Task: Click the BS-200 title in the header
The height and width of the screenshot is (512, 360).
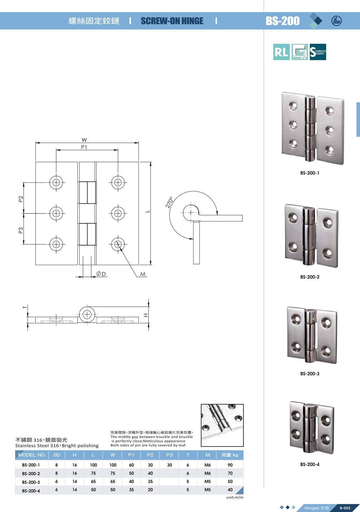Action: coord(282,21)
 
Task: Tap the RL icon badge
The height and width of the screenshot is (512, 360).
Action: coord(281,52)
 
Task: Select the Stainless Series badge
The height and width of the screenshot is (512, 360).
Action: coord(318,52)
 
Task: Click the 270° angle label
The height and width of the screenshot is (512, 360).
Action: coord(169,202)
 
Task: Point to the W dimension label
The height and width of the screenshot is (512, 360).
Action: coord(84,140)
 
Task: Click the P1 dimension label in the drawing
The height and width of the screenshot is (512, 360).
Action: coord(84,147)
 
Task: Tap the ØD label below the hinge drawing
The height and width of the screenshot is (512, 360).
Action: coord(101,274)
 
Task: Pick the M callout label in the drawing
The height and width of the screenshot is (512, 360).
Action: coord(143,274)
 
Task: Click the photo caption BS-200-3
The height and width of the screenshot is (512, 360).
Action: coord(310,374)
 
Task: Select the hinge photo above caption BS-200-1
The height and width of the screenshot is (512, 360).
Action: coord(312,128)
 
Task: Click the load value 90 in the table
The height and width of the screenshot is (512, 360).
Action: coord(230,465)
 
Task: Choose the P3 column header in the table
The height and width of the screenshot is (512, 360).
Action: coord(169,455)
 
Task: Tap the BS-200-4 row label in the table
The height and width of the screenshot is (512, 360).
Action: coord(31,491)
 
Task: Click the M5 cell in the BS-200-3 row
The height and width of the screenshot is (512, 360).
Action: coord(208,482)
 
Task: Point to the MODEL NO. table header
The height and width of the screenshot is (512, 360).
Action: coord(32,455)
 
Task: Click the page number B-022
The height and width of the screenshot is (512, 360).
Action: coord(345,508)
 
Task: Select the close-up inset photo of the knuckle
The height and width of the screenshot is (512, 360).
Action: coord(222,425)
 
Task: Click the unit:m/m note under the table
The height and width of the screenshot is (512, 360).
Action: coord(235,497)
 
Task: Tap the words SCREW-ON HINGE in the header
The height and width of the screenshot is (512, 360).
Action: coord(172,21)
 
